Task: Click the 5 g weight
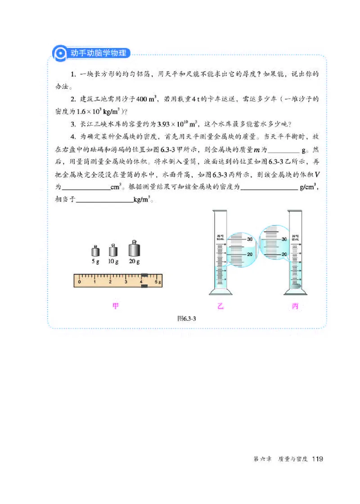[x=95, y=251]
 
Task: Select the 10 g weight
[x=112, y=250]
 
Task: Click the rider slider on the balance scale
[x=144, y=280]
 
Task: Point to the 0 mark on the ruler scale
[x=79, y=282]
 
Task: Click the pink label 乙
[x=220, y=306]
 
